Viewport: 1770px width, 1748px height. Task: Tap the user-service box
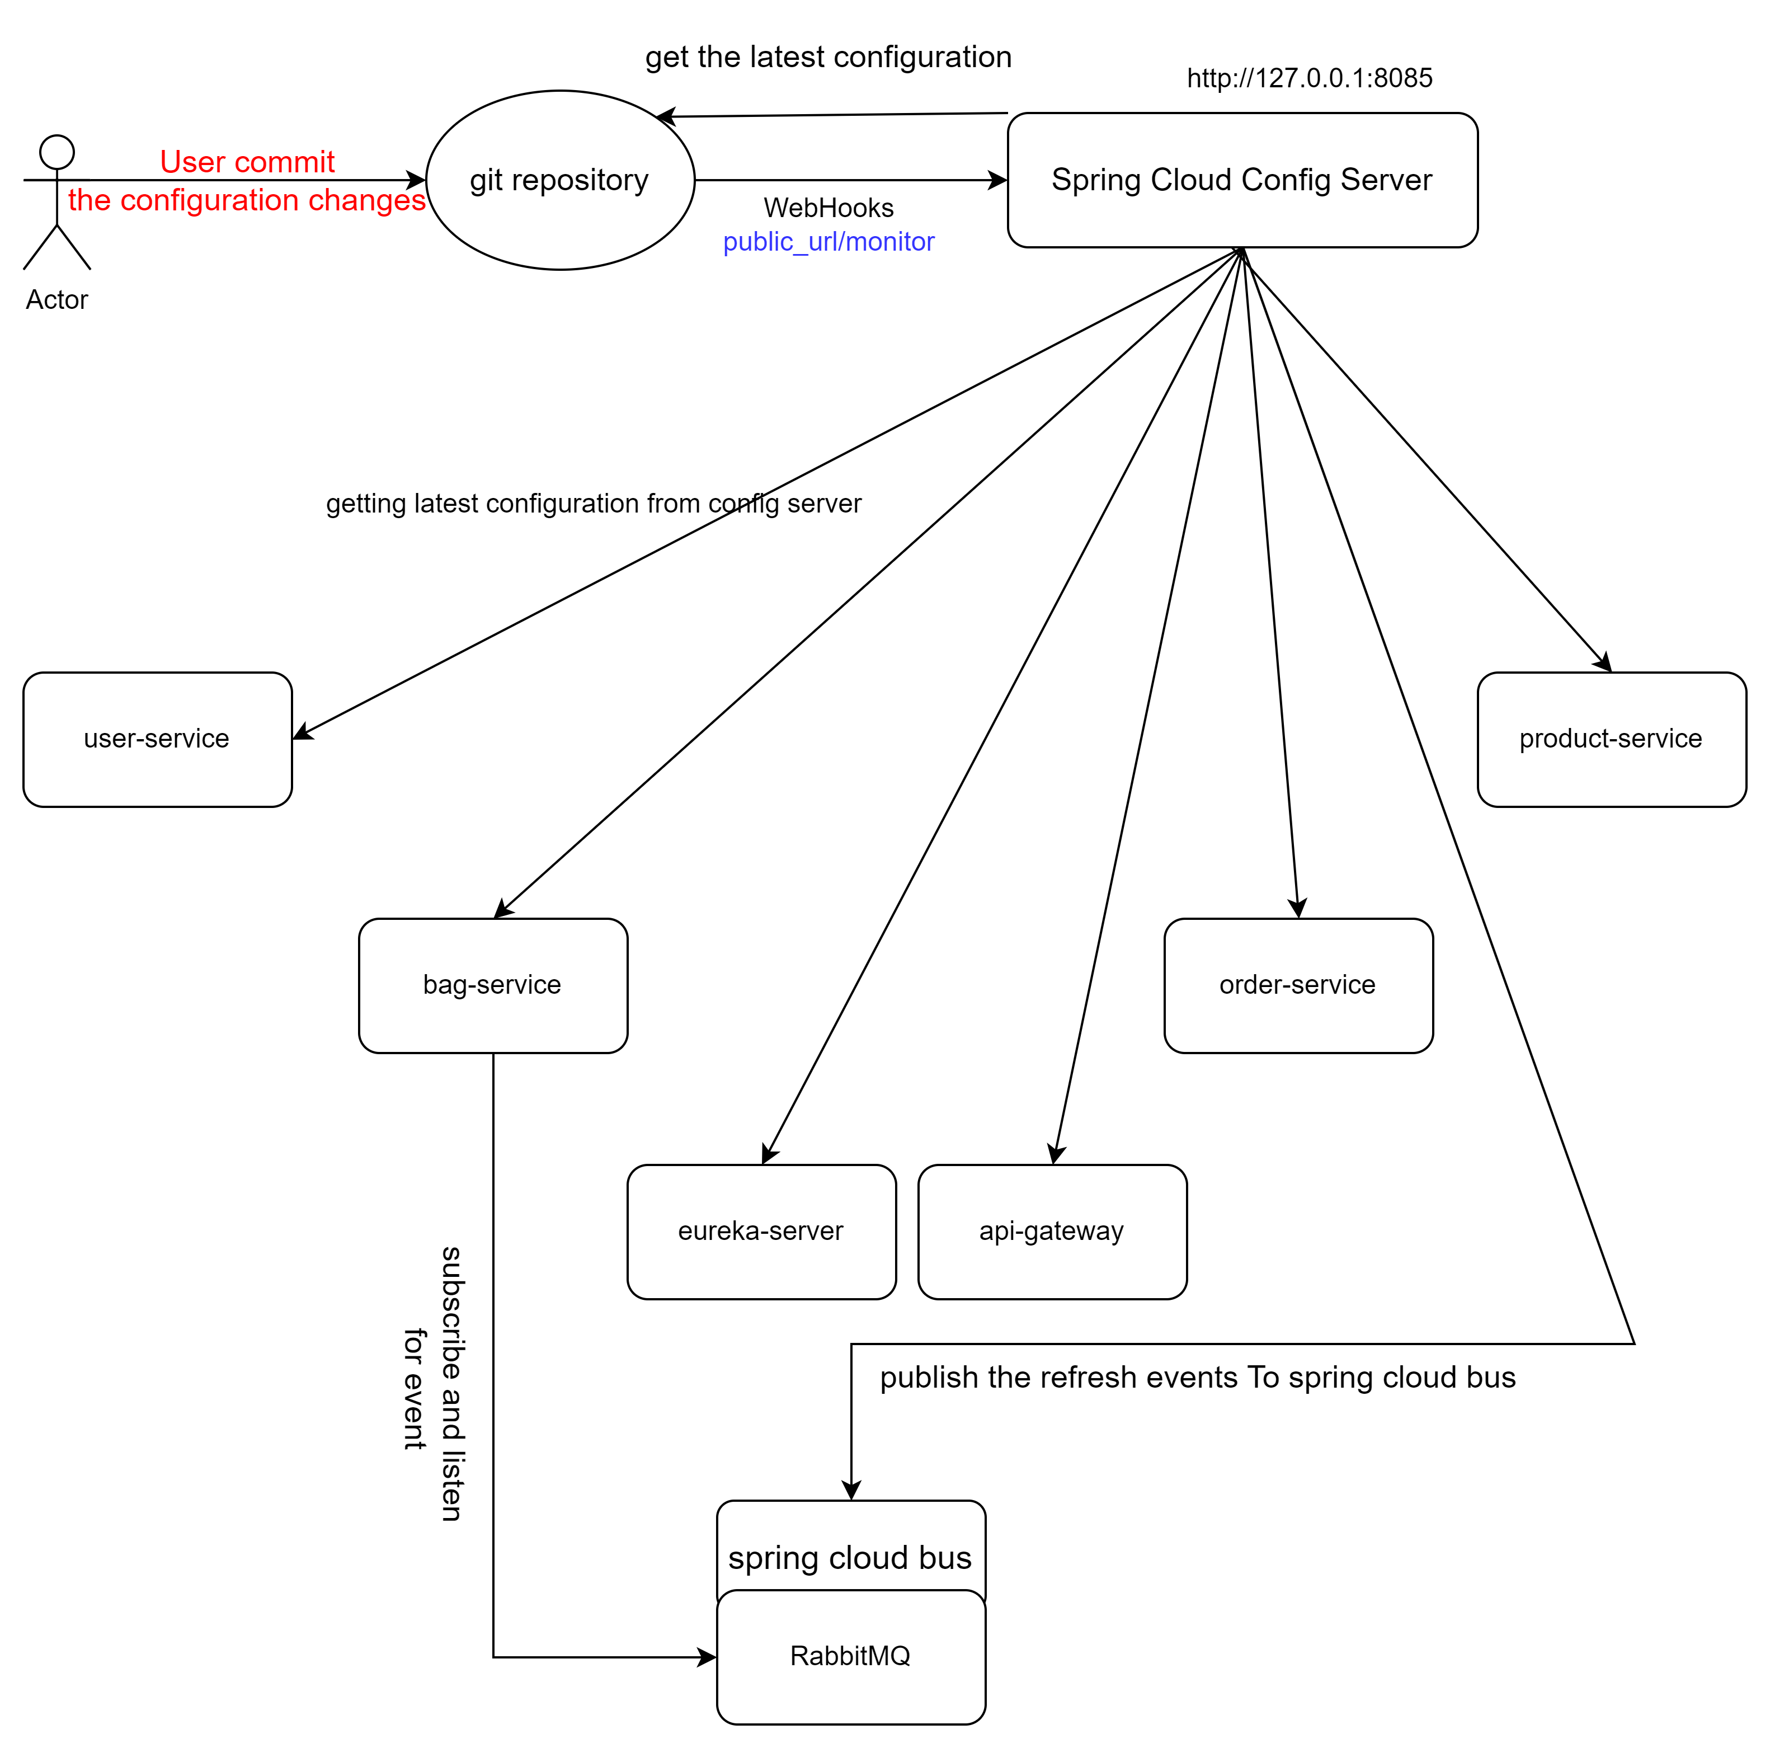click(x=158, y=739)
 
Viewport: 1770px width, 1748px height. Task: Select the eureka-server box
click(x=761, y=1232)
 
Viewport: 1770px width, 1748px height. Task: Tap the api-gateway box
click(x=1052, y=1232)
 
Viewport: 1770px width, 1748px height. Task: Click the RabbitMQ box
click(x=850, y=1656)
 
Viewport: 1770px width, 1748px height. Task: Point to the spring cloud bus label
click(x=850, y=1557)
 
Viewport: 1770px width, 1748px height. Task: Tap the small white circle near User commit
click(x=57, y=152)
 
